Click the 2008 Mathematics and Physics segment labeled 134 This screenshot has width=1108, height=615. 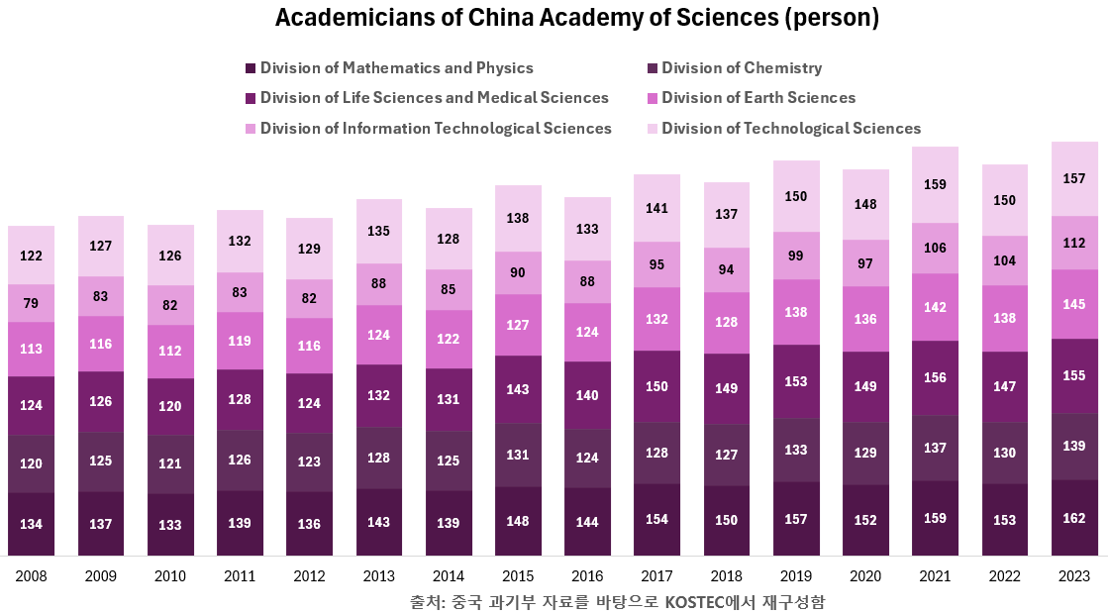coord(31,524)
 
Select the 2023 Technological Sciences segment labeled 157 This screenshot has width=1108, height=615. coord(1074,179)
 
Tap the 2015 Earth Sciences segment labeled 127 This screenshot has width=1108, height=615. coord(518,324)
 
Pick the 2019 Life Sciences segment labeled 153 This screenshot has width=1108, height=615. coord(796,381)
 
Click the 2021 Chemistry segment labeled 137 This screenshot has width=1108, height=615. coord(935,448)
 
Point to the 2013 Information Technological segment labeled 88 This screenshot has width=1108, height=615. coord(378,284)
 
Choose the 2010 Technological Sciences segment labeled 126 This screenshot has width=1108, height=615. coord(170,256)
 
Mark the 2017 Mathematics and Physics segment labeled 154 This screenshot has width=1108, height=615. coord(656,520)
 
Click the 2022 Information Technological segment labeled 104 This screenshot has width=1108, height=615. coord(1004,260)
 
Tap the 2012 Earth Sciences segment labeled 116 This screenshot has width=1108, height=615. coord(309,346)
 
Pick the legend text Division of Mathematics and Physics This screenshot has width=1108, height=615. coord(396,68)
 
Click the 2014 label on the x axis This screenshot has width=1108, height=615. coord(449,576)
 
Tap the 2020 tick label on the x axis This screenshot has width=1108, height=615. coord(865,576)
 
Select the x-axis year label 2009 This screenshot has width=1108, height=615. coord(101,576)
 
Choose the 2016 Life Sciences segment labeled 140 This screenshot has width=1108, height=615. coord(587,394)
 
